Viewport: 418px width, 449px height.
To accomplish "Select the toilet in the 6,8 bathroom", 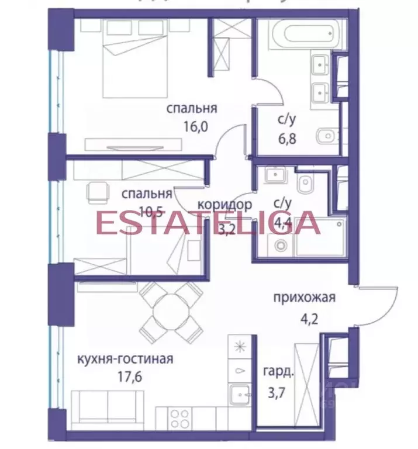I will pos(325,138).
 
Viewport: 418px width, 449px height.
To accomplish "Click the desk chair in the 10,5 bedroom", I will pos(97,191).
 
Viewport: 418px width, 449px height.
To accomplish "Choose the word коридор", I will pos(224,205).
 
